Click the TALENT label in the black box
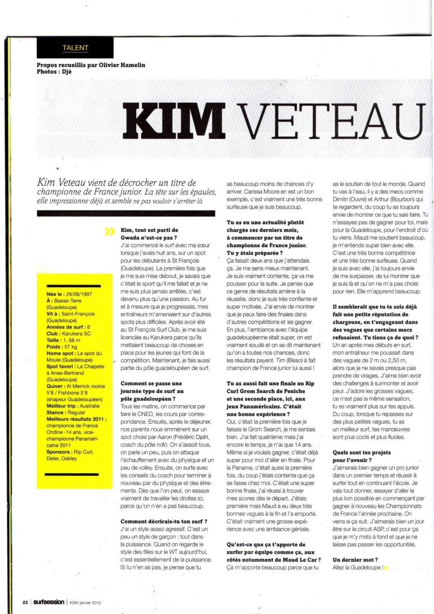tap(75, 49)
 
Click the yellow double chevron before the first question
tap(108, 231)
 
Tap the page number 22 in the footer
tap(24, 602)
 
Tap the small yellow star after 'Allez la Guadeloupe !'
tap(386, 568)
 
